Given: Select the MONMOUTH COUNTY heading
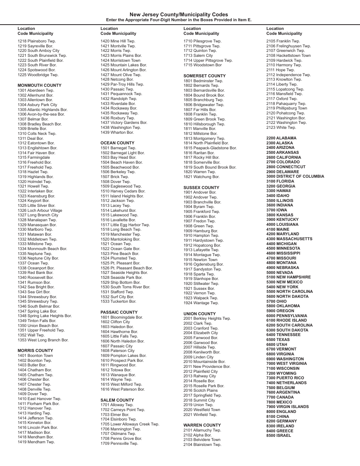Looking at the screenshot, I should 39,86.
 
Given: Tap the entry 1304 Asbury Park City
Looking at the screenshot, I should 38,105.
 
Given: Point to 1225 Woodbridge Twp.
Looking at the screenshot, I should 38,75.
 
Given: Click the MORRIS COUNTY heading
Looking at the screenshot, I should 35,351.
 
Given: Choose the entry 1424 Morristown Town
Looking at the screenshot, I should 121,60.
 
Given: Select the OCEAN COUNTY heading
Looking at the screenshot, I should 117,143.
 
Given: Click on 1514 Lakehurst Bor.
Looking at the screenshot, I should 118,210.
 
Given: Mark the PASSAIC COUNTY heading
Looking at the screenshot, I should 119,313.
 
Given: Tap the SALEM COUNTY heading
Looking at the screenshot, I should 117,400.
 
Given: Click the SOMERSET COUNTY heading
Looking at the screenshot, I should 204,76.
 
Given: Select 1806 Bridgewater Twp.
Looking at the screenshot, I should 204,105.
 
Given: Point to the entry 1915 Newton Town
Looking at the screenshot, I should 200,260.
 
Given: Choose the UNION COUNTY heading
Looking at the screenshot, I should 200,314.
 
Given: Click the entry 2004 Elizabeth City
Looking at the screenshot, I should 201,333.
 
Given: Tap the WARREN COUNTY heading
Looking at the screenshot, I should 202,425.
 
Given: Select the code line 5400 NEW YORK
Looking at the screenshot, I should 282,287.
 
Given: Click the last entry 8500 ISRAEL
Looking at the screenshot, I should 279,435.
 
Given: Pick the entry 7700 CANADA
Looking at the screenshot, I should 280,397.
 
